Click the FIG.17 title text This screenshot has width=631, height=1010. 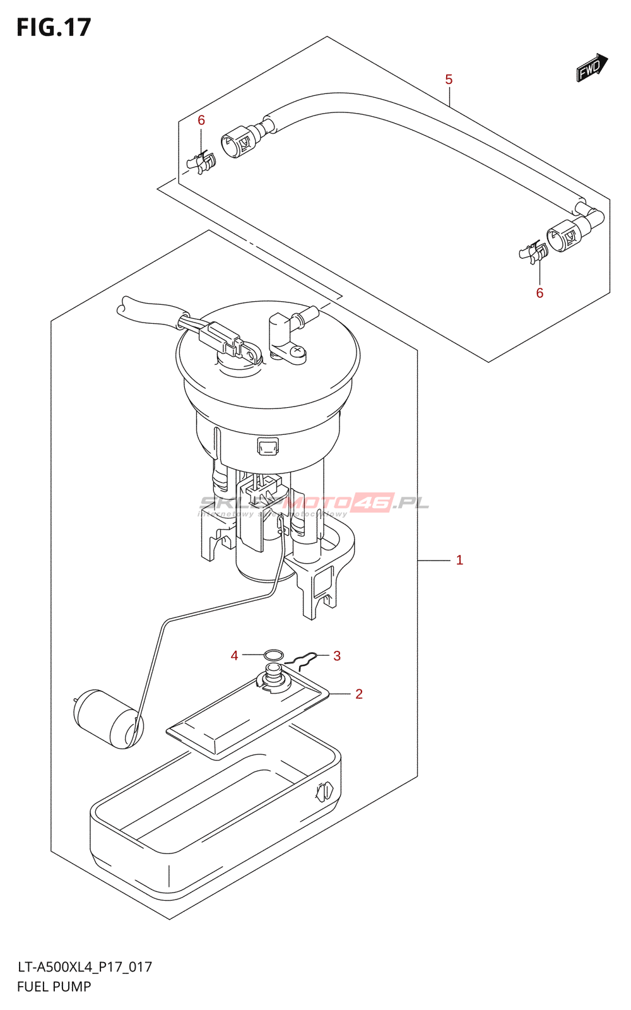coord(54,27)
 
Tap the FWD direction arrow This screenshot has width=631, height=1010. coord(591,68)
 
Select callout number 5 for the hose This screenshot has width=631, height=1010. coord(449,80)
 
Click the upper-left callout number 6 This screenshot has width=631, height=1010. coord(201,120)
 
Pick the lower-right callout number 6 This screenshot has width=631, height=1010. coord(540,293)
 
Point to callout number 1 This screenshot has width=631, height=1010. coord(459,560)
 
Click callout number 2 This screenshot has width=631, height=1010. coord(359,694)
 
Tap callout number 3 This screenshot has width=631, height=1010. coord(337,656)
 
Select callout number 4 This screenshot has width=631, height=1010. coord(234,656)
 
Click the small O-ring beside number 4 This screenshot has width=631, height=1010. coord(273,655)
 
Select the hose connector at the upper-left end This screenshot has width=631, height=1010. coord(239,140)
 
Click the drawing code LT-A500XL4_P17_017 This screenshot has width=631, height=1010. coord(85,967)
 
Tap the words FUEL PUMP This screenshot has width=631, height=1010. coord(54,987)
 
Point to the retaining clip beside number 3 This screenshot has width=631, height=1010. coord(302,660)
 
